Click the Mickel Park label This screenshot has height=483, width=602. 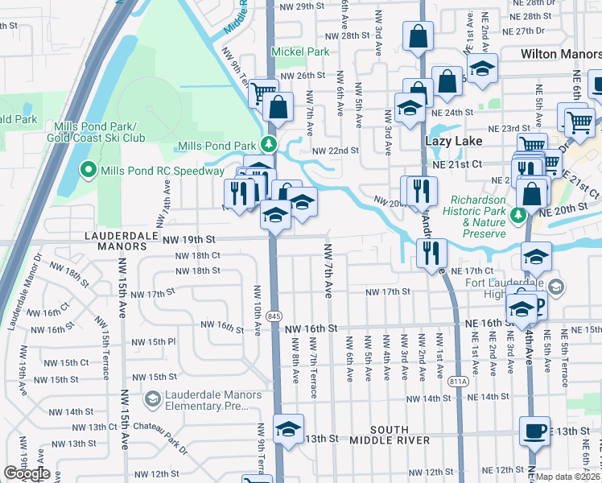(300, 52)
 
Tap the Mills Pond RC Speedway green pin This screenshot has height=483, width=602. (88, 170)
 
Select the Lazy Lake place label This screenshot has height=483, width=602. (453, 141)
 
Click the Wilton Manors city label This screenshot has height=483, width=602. (559, 53)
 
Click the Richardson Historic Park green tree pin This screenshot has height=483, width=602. (519, 215)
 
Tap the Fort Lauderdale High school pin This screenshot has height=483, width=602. (556, 287)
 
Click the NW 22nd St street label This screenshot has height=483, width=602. (335, 151)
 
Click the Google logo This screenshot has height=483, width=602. (27, 473)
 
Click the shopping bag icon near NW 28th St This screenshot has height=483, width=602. (419, 36)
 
